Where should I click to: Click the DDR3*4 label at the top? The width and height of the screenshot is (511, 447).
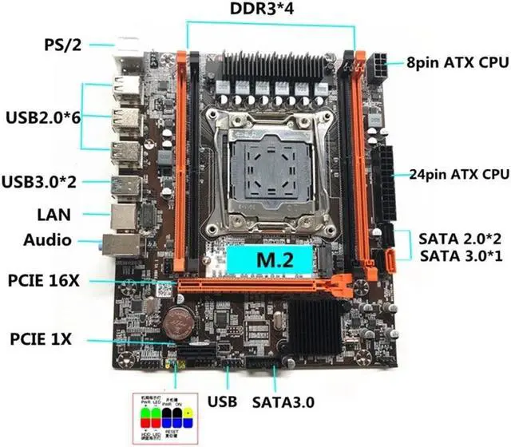click(x=271, y=10)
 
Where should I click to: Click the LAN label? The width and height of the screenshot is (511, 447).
click(x=53, y=214)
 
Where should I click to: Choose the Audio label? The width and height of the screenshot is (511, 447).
click(x=48, y=239)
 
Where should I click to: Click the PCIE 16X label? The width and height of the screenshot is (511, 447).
click(x=48, y=281)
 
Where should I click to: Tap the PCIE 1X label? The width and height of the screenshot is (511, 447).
click(x=41, y=338)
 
